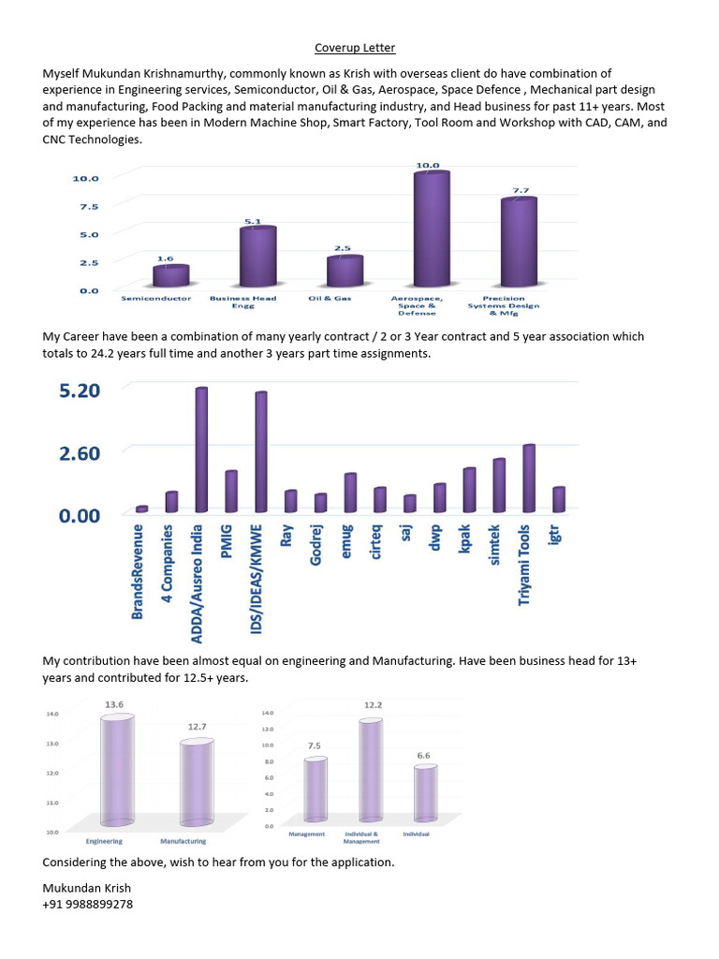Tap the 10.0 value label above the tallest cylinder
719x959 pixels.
point(427,166)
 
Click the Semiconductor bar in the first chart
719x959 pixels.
point(171,275)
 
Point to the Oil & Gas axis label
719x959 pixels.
point(328,299)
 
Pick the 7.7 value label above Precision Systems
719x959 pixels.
point(520,191)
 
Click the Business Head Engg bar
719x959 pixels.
point(257,258)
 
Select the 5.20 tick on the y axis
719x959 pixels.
point(80,391)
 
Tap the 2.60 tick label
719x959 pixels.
point(80,453)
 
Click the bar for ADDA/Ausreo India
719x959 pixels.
point(201,450)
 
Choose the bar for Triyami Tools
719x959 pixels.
point(529,479)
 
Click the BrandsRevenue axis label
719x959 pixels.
point(139,571)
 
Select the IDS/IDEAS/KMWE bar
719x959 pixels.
point(261,452)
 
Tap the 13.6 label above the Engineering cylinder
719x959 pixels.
point(116,702)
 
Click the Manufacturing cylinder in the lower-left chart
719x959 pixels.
point(197,782)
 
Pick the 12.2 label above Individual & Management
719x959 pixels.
point(373,704)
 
